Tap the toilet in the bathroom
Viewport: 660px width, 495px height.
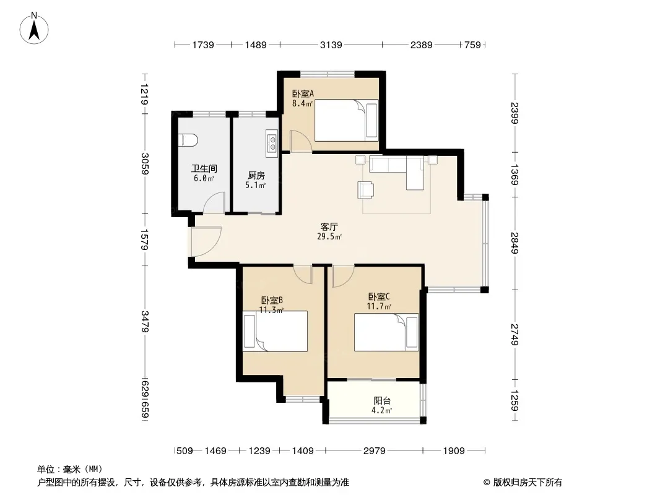(188, 140)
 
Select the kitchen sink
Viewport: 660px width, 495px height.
(272, 141)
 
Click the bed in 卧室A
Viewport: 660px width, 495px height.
(346, 120)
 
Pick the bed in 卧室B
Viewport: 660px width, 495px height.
(275, 332)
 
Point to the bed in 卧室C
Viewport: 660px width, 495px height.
(386, 332)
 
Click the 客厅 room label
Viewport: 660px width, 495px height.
(329, 227)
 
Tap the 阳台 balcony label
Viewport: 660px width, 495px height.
(382, 401)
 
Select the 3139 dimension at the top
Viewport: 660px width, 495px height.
(331, 45)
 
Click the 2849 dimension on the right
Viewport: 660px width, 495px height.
(515, 243)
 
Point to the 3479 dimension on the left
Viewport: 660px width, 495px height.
(145, 322)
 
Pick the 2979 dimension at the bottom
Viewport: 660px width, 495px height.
(374, 451)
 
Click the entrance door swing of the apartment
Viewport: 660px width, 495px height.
(206, 241)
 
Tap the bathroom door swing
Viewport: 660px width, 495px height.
(215, 202)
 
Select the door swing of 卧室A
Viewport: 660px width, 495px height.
(300, 141)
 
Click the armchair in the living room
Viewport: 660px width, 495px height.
(366, 189)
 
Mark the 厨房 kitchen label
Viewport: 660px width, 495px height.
(256, 175)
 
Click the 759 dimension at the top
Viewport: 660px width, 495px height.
(472, 45)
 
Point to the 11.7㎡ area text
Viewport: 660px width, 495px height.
(380, 306)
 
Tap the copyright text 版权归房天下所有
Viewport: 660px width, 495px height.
(528, 483)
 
